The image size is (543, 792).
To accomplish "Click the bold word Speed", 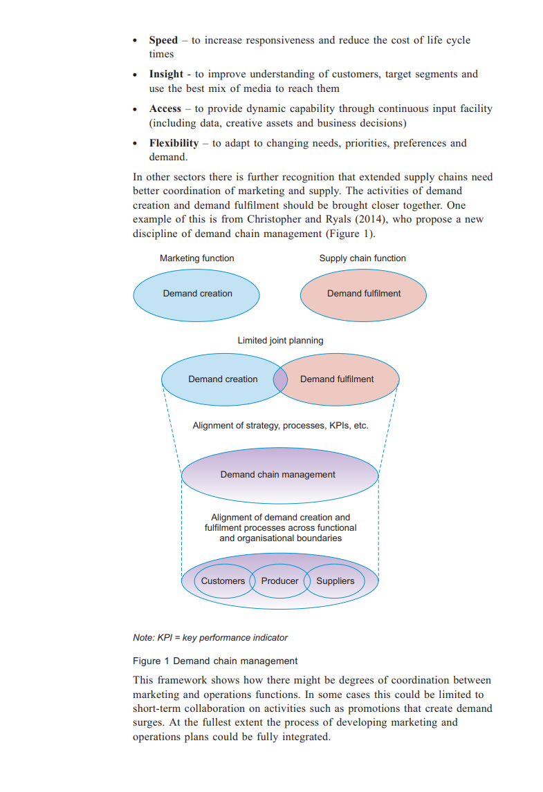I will point(163,40).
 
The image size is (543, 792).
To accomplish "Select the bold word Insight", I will point(166,74).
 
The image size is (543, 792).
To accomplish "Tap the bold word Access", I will point(165,109).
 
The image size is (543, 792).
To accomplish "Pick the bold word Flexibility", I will point(174,143).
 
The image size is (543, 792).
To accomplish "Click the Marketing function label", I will point(197,258).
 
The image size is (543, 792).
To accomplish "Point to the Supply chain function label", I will point(362,258).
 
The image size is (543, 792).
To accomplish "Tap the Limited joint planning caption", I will point(280,341).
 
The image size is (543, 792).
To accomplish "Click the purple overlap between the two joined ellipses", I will point(280,379).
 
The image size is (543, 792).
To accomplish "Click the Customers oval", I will point(223,581).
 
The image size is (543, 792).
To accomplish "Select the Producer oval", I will point(279,581).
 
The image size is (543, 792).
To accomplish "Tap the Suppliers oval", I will point(335,581).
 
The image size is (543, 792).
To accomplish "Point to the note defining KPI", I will point(210,638).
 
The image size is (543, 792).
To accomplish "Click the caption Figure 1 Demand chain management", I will point(215,661).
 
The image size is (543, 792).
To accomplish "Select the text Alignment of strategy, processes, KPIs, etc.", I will point(280,426).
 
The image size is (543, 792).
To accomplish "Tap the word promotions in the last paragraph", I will point(392,708).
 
